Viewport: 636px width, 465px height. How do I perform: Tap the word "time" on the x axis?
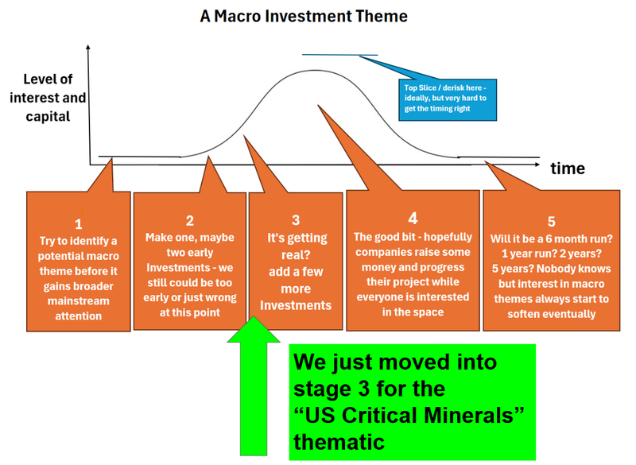pos(567,168)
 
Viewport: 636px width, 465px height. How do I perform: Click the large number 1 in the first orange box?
pos(78,224)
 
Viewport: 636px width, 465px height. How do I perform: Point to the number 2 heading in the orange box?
pos(189,220)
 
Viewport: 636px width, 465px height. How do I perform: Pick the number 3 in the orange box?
pos(295,220)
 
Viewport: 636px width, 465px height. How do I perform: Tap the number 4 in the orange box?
pos(412,217)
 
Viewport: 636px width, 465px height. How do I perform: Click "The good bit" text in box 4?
pos(385,237)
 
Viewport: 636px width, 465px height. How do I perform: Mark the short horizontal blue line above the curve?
pos(339,55)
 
